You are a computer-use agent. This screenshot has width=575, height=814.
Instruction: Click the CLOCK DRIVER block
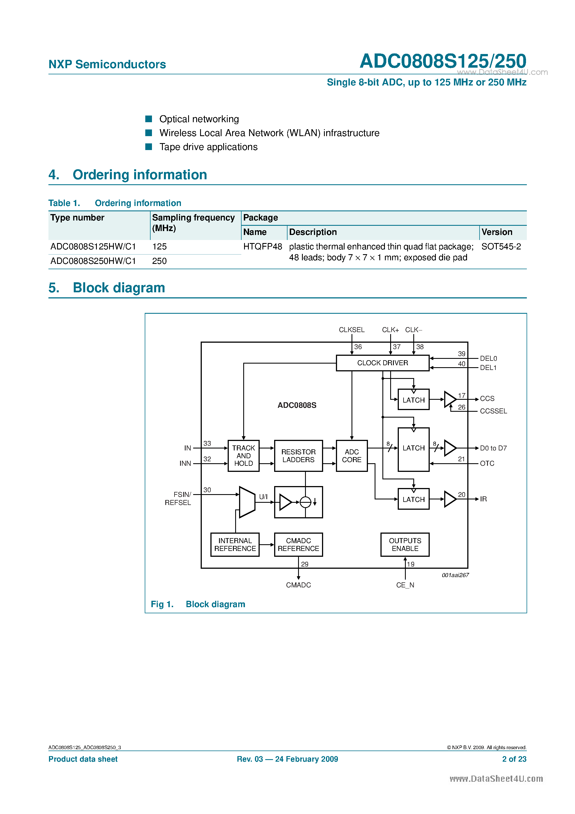[x=382, y=363]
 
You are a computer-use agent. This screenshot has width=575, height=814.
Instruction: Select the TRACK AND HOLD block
[x=243, y=455]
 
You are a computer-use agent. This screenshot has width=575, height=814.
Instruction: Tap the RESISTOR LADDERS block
[x=298, y=455]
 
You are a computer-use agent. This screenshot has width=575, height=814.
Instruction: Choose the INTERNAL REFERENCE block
[x=235, y=545]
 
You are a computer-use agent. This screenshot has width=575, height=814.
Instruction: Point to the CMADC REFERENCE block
[x=298, y=545]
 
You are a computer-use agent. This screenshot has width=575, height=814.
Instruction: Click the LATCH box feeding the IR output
[x=413, y=499]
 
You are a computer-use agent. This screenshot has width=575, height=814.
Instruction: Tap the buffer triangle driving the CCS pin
[x=449, y=399]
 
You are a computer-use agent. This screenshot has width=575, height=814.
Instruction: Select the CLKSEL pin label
[x=351, y=330]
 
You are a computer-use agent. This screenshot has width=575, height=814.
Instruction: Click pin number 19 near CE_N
[x=411, y=564]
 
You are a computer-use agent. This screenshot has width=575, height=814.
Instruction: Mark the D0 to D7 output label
[x=493, y=448]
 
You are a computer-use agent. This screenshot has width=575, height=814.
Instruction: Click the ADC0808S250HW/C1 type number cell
[x=93, y=261]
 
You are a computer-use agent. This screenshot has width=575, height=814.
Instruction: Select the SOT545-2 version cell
[x=501, y=246]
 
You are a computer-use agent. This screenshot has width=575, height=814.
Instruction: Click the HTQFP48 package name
[x=262, y=246]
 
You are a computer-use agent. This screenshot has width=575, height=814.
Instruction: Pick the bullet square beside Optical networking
[x=149, y=119]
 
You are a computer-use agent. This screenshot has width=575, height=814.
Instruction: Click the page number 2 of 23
[x=514, y=759]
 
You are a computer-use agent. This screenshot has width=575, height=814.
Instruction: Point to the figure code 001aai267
[x=455, y=575]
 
